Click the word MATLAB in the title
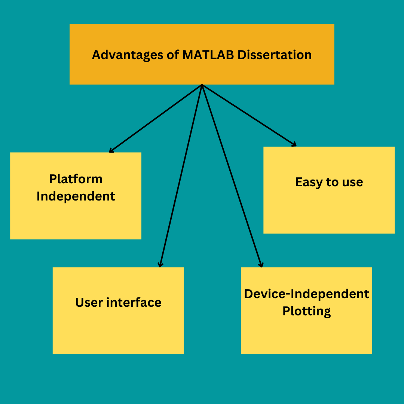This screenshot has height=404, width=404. [208, 55]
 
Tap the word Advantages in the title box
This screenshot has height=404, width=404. [128, 55]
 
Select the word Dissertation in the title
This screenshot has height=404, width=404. [275, 55]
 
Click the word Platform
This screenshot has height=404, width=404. [76, 179]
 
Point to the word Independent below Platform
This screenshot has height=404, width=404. [76, 196]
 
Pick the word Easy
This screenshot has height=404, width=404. [309, 183]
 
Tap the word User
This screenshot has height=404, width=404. [89, 303]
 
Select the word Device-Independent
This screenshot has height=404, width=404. [307, 294]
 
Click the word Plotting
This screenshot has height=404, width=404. [307, 311]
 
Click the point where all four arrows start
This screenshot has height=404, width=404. [202, 85]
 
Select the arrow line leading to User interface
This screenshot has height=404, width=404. [181, 176]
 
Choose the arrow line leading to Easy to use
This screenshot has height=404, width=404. [249, 115]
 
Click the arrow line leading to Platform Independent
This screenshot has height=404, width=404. [156, 118]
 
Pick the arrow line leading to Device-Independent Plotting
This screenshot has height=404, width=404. [232, 176]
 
